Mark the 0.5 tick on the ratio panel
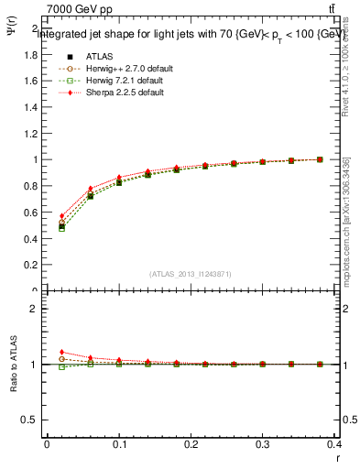31,420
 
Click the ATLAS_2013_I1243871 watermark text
191,274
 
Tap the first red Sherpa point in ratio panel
61,352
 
